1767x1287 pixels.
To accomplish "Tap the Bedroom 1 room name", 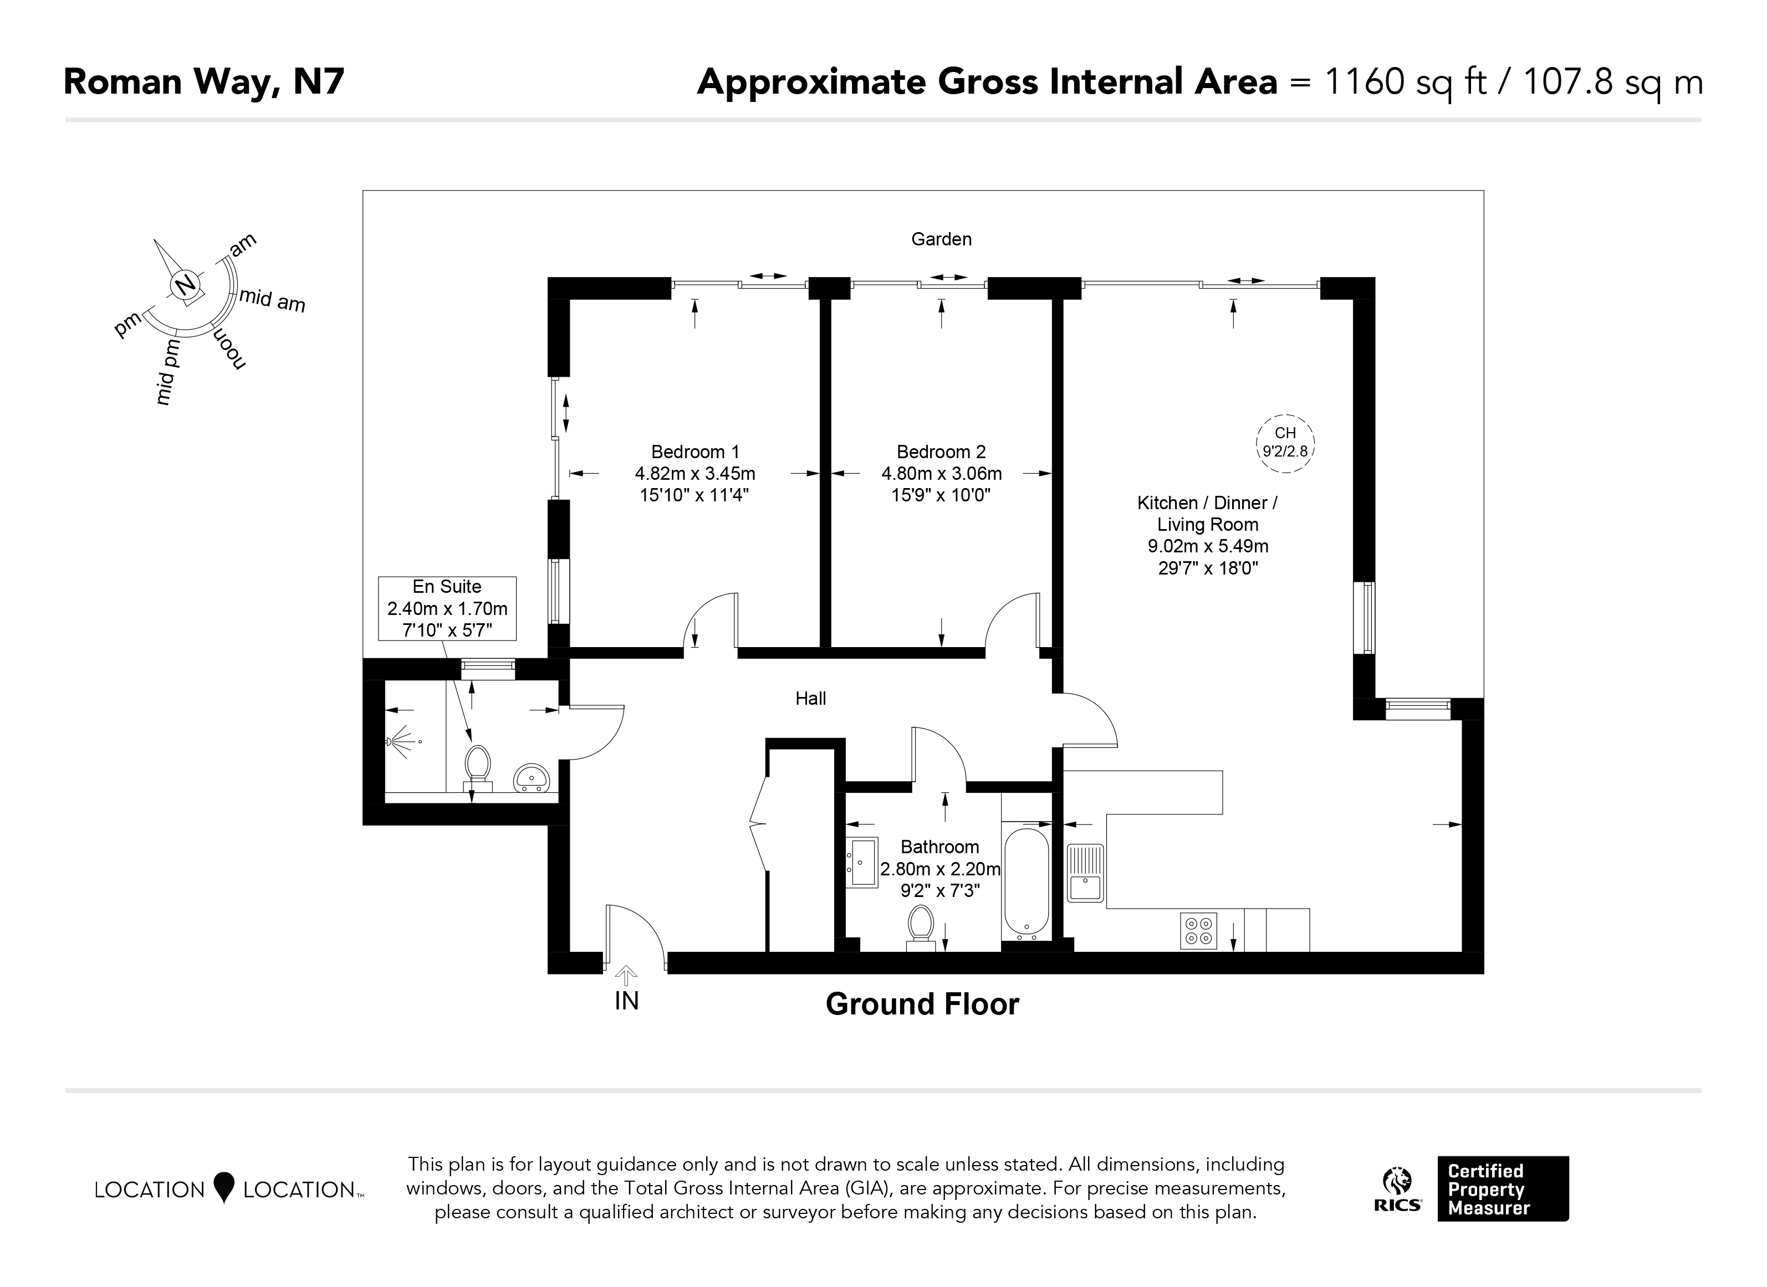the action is (x=694, y=452).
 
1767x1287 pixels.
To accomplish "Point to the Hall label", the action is (x=811, y=699).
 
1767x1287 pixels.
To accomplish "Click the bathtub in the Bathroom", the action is (x=1027, y=881).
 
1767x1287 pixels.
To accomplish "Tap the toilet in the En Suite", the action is (x=477, y=768).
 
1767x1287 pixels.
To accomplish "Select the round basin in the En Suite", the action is (x=532, y=777).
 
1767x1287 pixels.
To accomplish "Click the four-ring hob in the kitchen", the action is (x=1199, y=930).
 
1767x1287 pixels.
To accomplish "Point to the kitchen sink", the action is (x=1085, y=873).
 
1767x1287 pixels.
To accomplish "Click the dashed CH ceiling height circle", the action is (x=1285, y=443).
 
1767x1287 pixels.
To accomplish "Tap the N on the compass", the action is (x=185, y=285).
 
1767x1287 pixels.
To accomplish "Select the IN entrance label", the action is (x=627, y=1001).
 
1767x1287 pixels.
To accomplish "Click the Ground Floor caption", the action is (x=922, y=1004).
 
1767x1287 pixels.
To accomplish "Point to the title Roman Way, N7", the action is (x=203, y=82).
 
